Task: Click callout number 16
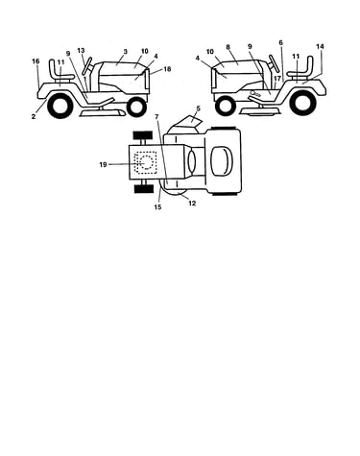pos(36,61)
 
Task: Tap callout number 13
pos(81,51)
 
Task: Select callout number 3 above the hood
pos(126,51)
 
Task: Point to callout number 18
pos(167,69)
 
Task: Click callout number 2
pos(34,116)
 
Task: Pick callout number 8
pos(228,47)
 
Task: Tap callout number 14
pos(320,46)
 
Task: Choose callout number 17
pos(277,78)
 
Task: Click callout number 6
pos(280,42)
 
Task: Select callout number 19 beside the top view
pos(103,165)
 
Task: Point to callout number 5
pos(198,108)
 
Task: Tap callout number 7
pos(156,117)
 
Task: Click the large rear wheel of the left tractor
pos(60,107)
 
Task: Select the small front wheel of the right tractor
pos(226,107)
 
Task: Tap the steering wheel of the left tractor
pos(86,66)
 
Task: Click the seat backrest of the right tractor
pos(309,65)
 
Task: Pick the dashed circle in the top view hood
pos(147,162)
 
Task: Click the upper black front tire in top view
pos(143,135)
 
